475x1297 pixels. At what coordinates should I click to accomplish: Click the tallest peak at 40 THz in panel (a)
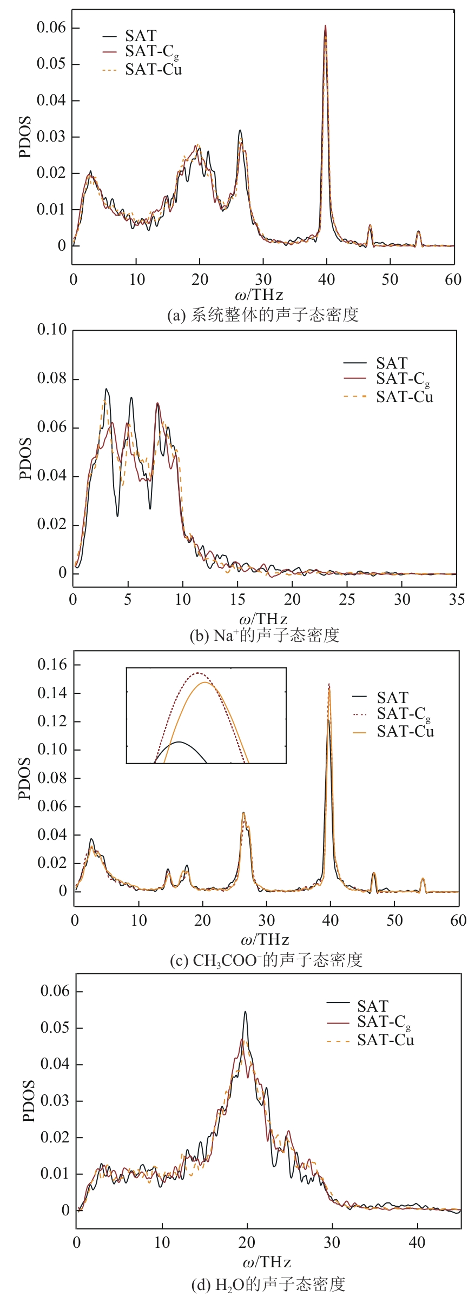pos(325,26)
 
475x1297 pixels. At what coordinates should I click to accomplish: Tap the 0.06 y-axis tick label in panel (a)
pos(51,28)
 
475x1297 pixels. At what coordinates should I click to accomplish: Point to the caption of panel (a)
pos(263,315)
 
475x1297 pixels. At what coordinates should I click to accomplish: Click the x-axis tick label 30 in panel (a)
pos(263,279)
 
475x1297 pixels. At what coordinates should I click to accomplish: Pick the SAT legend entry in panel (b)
pos(391,363)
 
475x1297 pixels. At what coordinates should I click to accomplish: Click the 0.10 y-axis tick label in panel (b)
pos(52,330)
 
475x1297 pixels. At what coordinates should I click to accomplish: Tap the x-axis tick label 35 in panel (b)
pos(457,599)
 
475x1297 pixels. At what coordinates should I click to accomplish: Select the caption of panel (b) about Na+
pos(265,635)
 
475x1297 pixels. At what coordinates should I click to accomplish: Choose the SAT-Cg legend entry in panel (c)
pos(404,714)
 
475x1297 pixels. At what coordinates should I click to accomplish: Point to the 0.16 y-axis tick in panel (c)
pos(52,665)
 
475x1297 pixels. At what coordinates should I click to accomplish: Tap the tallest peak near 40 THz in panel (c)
pos(329,685)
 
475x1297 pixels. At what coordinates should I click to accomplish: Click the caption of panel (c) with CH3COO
pos(266,960)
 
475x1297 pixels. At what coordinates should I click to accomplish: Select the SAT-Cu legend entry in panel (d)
pos(385,1040)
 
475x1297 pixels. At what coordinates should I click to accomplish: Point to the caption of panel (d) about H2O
pos(268,1285)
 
